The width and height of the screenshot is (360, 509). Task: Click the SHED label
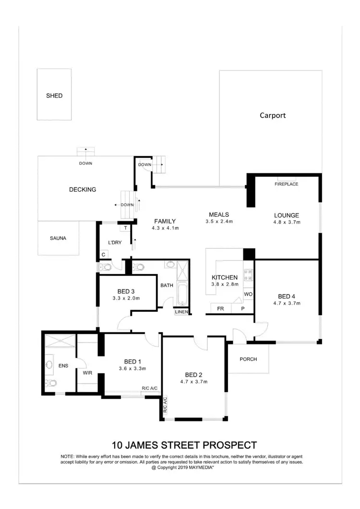54,95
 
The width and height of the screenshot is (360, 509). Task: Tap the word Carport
273,115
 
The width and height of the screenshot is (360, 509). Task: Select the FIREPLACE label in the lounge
287,184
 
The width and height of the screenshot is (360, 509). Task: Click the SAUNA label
58,238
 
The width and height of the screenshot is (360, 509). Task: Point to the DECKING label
83,189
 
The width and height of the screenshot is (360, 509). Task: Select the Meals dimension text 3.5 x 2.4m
219,222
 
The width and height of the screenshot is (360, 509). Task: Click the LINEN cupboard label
181,312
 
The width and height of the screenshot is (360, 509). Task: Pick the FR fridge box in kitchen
220,308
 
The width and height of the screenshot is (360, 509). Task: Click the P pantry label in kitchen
243,308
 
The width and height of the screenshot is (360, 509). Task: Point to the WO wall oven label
248,293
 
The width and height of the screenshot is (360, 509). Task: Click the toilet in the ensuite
51,383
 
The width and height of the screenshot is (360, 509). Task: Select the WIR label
87,372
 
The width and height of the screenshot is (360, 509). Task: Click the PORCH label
248,359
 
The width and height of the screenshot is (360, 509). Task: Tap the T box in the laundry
125,229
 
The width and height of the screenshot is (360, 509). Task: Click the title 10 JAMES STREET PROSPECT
184,445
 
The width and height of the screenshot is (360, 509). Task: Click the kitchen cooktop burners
249,275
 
